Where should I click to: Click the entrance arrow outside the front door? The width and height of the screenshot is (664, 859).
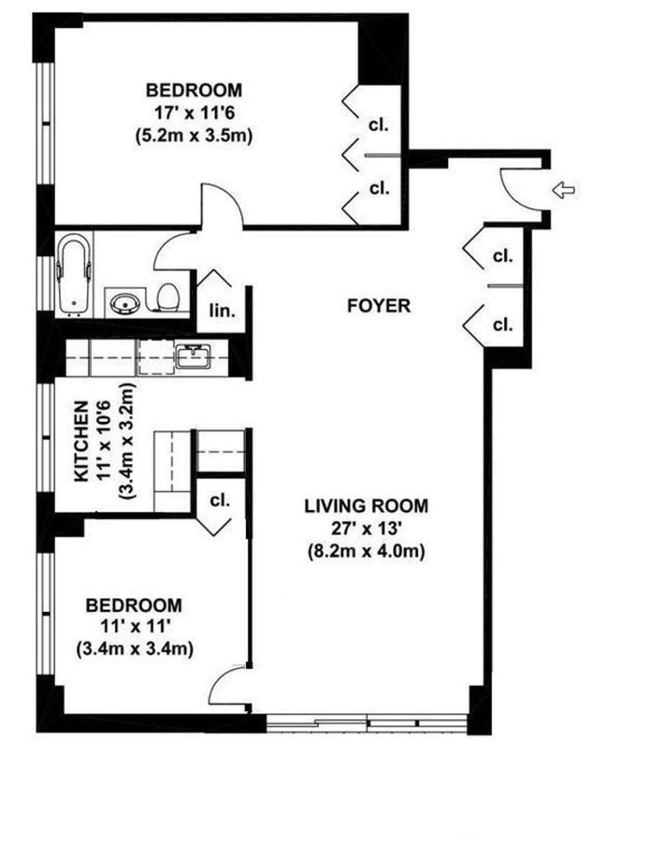[563, 191]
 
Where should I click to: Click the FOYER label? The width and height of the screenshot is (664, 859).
[378, 306]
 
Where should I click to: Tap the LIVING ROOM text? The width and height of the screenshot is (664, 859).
[366, 506]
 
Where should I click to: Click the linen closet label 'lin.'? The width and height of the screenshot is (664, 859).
[222, 311]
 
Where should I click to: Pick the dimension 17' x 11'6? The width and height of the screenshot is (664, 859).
[194, 113]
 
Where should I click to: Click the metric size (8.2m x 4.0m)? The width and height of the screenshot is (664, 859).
[366, 552]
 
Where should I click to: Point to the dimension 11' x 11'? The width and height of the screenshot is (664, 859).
[134, 626]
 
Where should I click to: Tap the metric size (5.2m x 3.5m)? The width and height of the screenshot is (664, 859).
[194, 136]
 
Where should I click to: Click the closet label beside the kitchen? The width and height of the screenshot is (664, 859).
[220, 501]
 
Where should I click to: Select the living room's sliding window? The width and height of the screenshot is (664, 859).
[367, 723]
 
